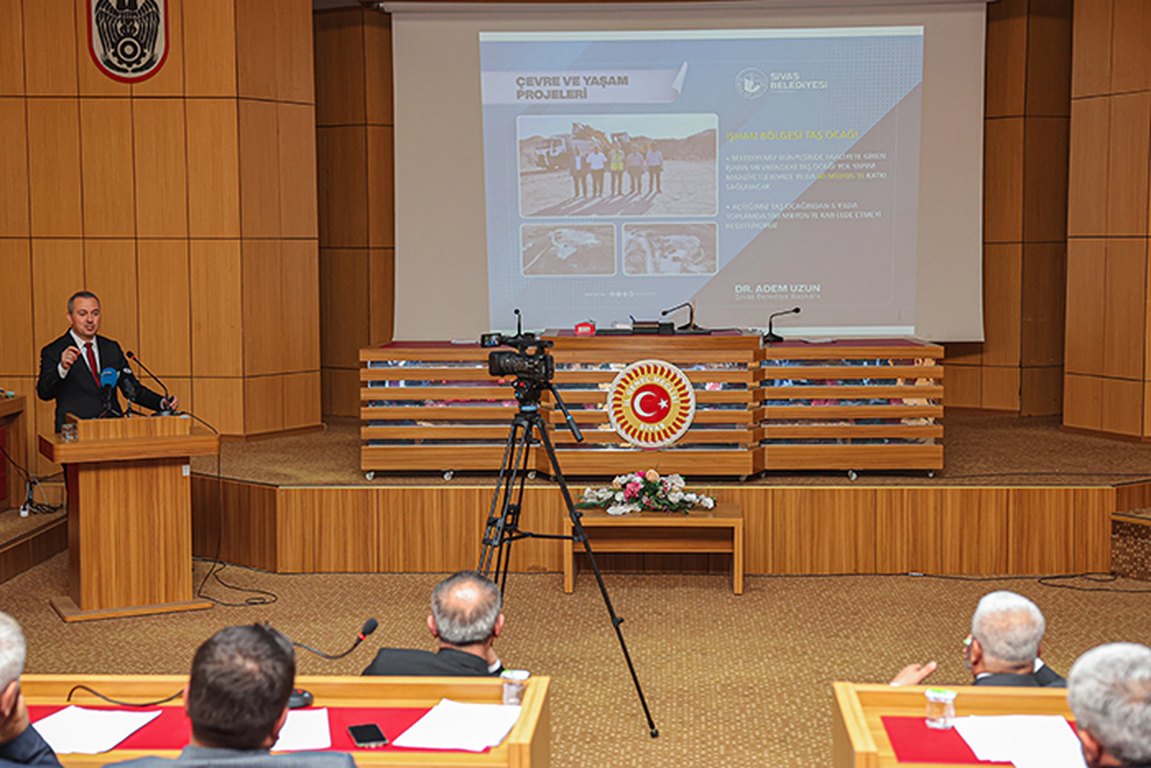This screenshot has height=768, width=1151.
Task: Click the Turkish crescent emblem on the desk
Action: (x=651, y=404)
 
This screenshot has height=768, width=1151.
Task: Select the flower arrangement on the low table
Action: (x=644, y=493)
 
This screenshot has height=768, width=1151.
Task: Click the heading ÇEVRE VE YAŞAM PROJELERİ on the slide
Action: (x=572, y=86)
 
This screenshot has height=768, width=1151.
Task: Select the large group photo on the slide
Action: (x=617, y=165)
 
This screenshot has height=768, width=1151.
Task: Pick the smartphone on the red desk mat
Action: (x=367, y=735)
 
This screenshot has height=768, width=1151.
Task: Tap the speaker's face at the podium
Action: (x=84, y=313)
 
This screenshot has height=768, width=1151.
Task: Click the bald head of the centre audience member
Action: (x=465, y=606)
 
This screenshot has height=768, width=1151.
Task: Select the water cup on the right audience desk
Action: (x=940, y=707)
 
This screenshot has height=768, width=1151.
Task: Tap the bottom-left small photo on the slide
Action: (x=567, y=249)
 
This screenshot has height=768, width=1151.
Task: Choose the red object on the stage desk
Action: (x=584, y=327)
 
